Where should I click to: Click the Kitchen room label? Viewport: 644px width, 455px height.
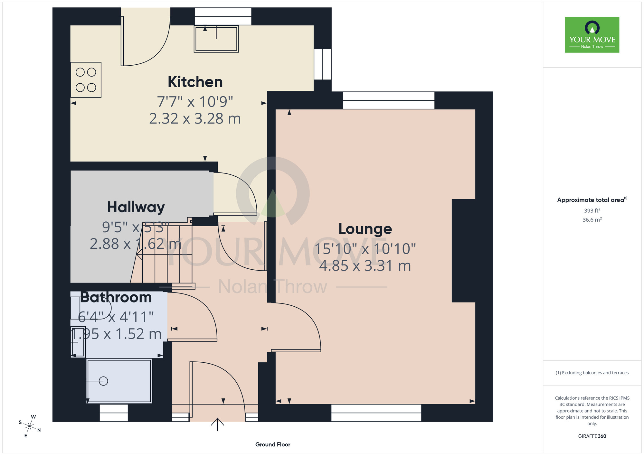click(195, 82)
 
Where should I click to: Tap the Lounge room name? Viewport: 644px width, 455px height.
click(365, 229)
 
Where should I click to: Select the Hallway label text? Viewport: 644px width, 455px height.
click(136, 207)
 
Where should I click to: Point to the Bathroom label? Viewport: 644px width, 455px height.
click(116, 297)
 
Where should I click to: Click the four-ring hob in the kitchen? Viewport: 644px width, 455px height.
click(86, 80)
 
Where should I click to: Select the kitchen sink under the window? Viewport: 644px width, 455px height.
click(216, 39)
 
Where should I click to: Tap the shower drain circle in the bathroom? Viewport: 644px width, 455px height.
click(103, 381)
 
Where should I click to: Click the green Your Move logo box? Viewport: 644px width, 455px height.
click(592, 35)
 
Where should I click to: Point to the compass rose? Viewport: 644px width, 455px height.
click(30, 426)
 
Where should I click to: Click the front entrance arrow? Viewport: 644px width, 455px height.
click(217, 424)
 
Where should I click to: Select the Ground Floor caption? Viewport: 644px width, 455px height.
click(273, 444)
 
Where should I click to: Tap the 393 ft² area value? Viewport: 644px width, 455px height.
click(592, 210)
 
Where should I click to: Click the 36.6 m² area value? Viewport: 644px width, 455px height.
click(592, 220)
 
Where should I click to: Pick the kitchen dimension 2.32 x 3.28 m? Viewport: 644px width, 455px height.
click(195, 119)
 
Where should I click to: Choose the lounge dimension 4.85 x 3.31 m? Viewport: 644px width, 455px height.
click(365, 266)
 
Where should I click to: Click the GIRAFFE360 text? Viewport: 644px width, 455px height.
click(592, 436)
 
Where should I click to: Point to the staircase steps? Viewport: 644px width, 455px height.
click(164, 254)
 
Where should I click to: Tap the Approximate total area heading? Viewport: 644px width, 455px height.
click(592, 200)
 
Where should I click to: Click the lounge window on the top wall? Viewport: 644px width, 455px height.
click(389, 100)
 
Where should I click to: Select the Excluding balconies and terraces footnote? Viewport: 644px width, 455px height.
click(592, 373)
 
